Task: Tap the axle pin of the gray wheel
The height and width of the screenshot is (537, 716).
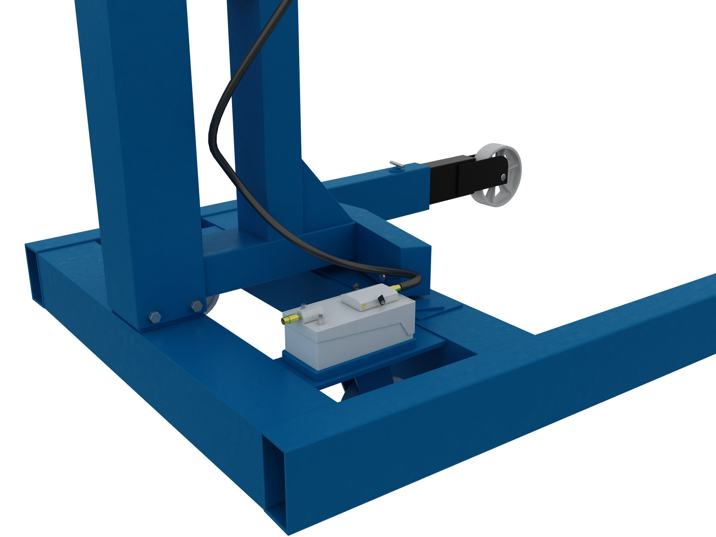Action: (504, 176)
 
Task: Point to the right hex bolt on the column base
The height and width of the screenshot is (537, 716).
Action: (196, 306)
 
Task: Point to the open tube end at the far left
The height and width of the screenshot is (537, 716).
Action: (34, 276)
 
